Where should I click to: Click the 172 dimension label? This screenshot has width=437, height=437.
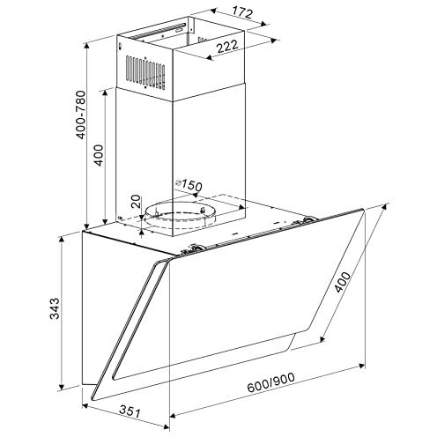tap(242, 12)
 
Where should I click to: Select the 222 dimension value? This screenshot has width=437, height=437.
tap(227, 47)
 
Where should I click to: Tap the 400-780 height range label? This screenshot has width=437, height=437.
tap(81, 115)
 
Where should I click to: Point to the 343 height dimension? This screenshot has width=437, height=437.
tap(55, 308)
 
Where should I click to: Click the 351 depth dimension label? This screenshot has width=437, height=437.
tap(130, 411)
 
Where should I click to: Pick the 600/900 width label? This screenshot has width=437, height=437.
tap(270, 382)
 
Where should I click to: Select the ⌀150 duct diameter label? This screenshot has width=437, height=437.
tap(189, 185)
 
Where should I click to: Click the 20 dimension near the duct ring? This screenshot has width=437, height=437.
tap(136, 202)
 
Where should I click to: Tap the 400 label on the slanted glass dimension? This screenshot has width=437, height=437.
tap(343, 282)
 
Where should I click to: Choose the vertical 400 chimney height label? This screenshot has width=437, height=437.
tap(99, 155)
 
